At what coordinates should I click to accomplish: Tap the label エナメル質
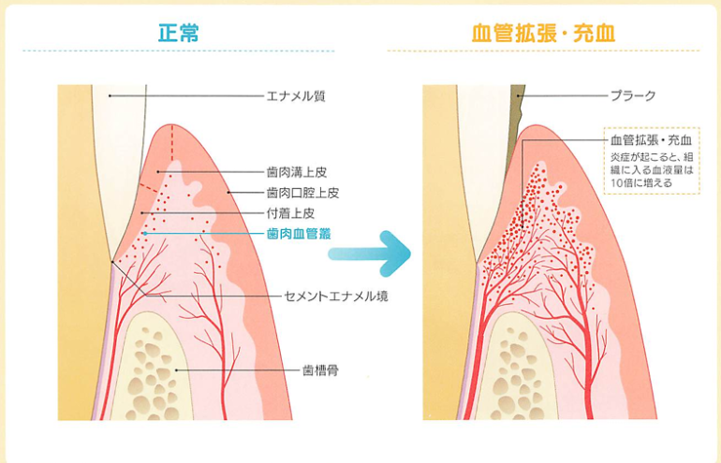(296, 95)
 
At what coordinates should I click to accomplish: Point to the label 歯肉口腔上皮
(302, 193)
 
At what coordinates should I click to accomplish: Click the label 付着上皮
(288, 212)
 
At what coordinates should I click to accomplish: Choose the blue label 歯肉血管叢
(299, 233)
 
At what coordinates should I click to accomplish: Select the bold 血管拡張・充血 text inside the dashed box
(645, 140)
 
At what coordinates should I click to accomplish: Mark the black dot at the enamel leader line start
(110, 95)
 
